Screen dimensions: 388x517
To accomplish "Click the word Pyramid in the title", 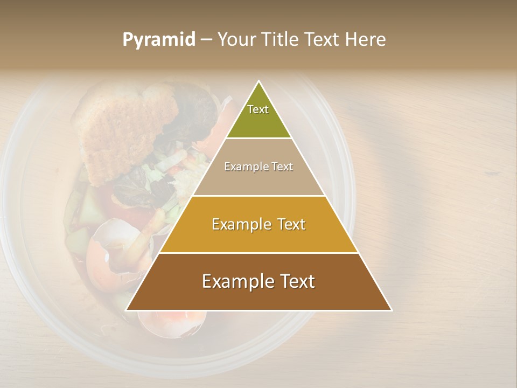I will coord(159,40).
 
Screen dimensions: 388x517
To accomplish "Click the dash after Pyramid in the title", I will coord(206,40).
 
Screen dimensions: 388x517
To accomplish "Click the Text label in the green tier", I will coord(258,109).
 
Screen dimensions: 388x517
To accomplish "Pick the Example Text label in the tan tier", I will coord(258,167).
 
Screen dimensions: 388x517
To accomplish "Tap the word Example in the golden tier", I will coord(241,224).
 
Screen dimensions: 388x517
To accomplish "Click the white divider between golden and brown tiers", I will coord(258,253).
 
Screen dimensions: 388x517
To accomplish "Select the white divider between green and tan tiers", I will coord(258,138).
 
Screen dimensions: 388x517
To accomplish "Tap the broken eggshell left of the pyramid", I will coord(110,242).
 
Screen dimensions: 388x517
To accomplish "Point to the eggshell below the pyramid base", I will coord(172,323).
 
